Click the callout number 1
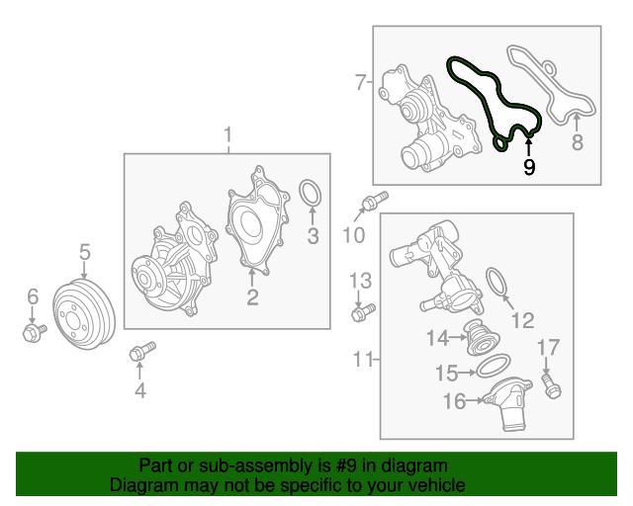pyautogui.click(x=227, y=134)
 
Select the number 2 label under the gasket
pyautogui.click(x=252, y=295)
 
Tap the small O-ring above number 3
pyautogui.click(x=310, y=194)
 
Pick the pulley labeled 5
pyautogui.click(x=83, y=311)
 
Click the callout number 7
pyautogui.click(x=361, y=82)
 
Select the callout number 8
pyautogui.click(x=578, y=143)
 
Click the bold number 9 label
pyautogui.click(x=529, y=168)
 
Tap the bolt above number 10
pyautogui.click(x=369, y=205)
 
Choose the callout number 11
pyautogui.click(x=363, y=357)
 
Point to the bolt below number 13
pyautogui.click(x=360, y=314)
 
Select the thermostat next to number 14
pyautogui.click(x=479, y=341)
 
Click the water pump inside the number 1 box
pyautogui.click(x=174, y=262)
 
